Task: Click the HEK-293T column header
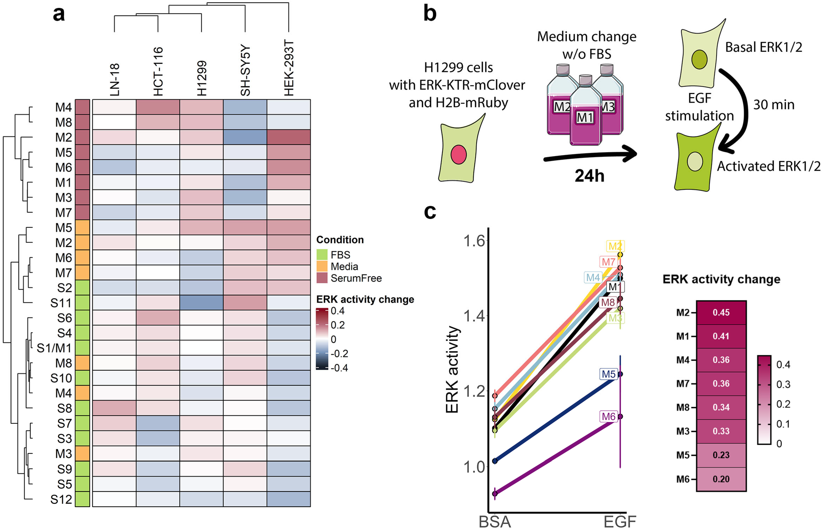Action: [289, 68]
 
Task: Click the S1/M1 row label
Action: [54, 348]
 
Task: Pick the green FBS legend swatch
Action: [322, 255]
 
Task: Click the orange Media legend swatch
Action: [322, 266]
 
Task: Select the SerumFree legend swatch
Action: [322, 278]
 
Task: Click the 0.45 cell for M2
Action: [721, 313]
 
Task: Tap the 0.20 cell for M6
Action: [721, 479]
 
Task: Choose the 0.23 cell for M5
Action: [721, 455]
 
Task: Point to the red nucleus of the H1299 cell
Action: [458, 155]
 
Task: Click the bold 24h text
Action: [589, 176]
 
